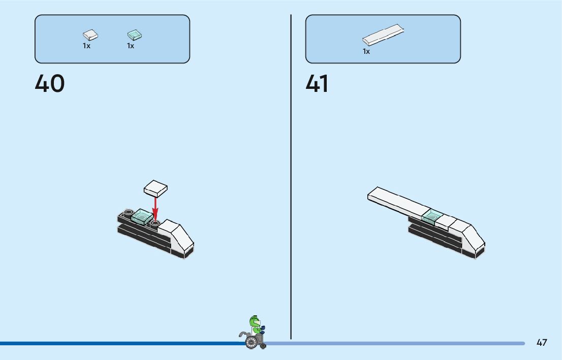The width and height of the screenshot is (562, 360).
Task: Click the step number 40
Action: coord(50,84)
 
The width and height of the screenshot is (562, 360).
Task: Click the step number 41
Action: coord(317,84)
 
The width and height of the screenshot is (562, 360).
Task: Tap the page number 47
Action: coord(542,343)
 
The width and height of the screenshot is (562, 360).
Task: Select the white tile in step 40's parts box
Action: coord(90,35)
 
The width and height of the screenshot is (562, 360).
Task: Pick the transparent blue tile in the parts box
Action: coord(134,35)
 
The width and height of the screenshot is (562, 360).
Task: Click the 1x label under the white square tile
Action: coord(86,46)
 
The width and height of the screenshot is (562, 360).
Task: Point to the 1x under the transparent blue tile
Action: coord(131,46)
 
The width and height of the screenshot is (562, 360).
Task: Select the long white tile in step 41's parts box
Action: coord(383,36)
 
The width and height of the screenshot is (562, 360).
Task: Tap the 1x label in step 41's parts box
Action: coord(366,52)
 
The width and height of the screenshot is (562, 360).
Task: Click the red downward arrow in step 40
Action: coord(155,208)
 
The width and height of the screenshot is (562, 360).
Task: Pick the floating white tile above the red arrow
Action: coord(155,188)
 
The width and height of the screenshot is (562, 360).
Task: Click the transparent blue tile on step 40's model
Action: coord(142,218)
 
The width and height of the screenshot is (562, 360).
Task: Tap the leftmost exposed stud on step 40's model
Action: coord(129,212)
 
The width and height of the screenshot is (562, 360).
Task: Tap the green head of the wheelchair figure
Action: coord(255,322)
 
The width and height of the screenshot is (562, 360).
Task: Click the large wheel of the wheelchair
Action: coord(251,342)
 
